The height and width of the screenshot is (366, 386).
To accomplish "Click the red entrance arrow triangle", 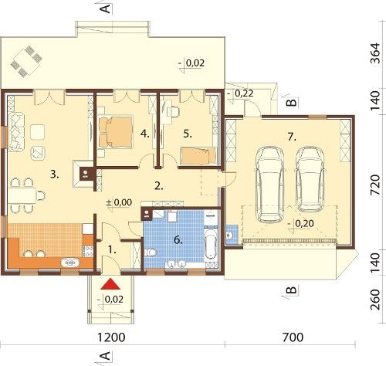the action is pos(110,284).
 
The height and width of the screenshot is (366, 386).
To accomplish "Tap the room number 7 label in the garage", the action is pos(292,137).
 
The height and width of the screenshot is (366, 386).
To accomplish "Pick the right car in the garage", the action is pos(310,179).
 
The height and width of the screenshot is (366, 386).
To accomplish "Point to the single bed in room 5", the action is pos(198,156).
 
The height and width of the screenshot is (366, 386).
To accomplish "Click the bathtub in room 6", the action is pos(211,244).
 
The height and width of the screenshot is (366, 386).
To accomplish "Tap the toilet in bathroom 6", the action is pos(150,252).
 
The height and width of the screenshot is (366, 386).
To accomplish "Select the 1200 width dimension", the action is pos(111,337).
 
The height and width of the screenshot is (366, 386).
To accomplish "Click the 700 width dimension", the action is pos(293,337).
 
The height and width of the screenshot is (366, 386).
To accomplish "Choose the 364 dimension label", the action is pos(375,53).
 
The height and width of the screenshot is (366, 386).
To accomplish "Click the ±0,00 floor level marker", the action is pos(119,202).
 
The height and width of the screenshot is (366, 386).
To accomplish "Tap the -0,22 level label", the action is pos(240,93).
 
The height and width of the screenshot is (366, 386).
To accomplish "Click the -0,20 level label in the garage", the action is pos(301,223).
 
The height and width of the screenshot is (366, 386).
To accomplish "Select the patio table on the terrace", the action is pos(26,62).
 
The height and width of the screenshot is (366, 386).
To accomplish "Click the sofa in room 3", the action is pos(16,132).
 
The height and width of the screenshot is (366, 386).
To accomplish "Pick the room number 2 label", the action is pos(159,186).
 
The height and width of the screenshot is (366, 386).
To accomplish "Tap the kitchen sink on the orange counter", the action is pos(70,263).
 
